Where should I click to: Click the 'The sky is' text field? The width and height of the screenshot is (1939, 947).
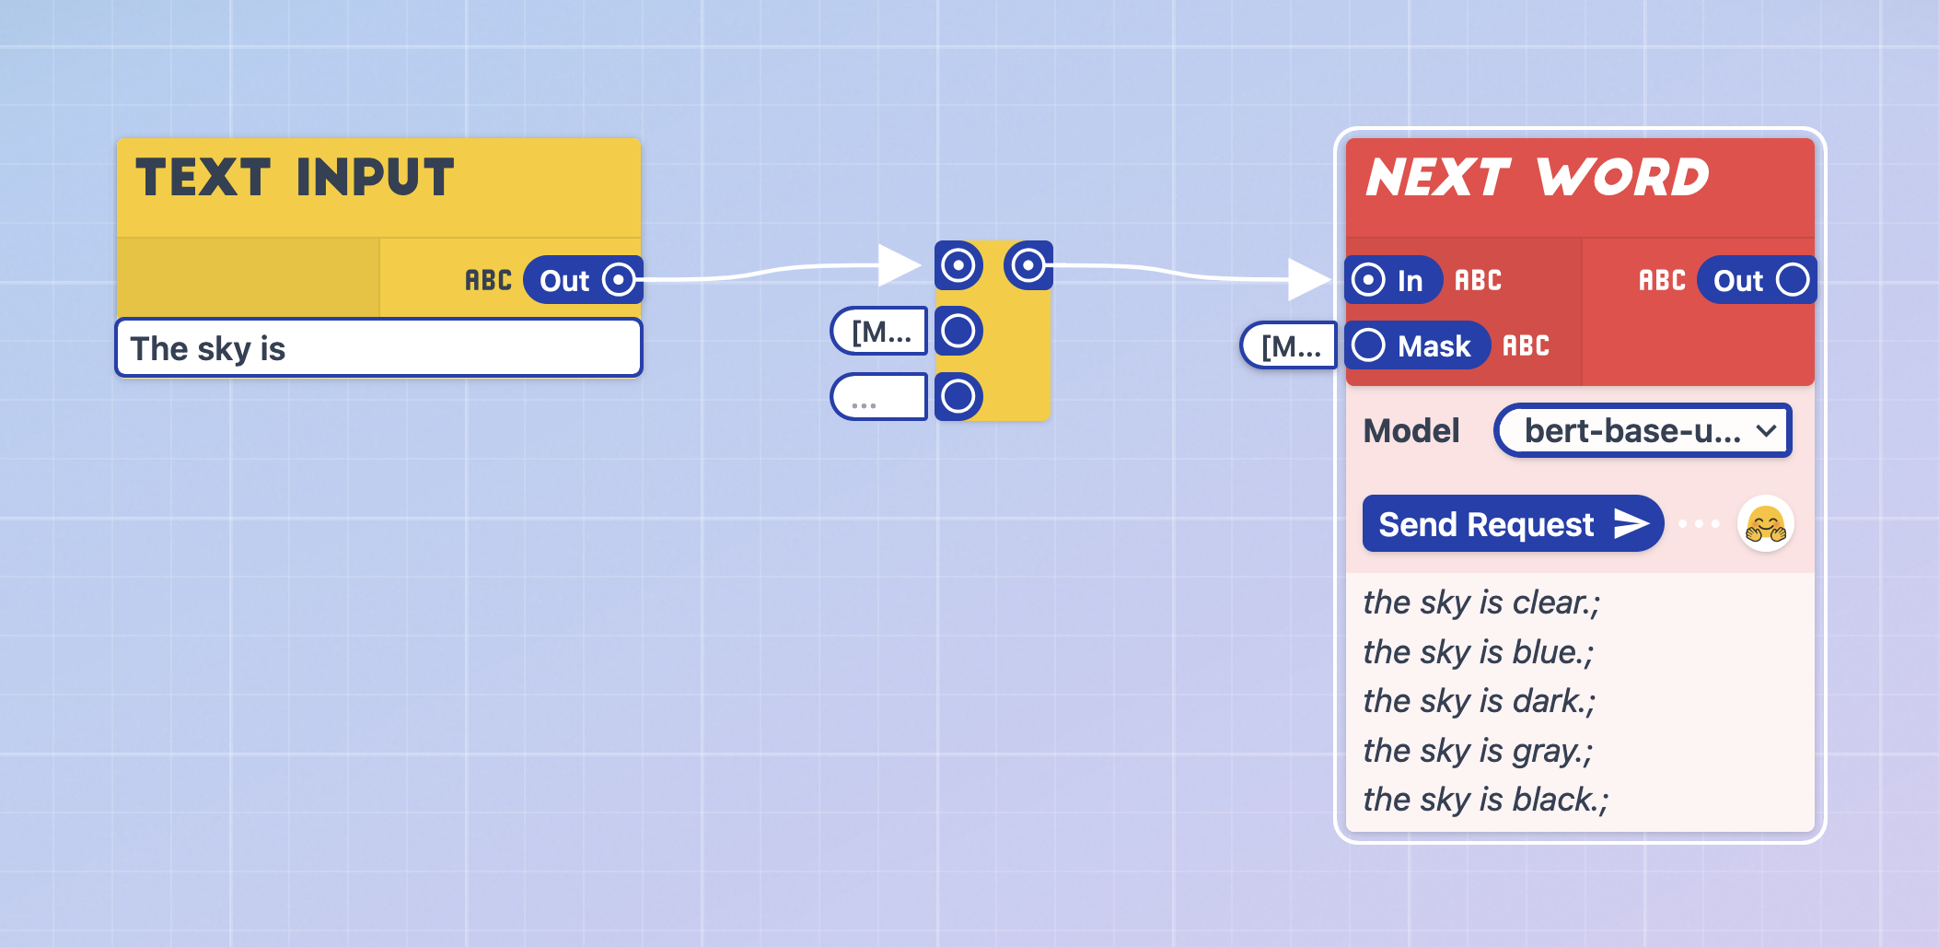tap(377, 348)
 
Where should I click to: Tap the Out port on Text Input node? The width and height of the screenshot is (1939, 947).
tap(619, 280)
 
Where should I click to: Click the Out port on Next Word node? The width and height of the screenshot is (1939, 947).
tap(1792, 280)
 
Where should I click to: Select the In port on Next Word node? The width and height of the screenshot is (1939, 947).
tap(1369, 280)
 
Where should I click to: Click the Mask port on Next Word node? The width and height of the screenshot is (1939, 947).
tap(1369, 345)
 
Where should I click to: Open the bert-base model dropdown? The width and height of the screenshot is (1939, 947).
tap(1643, 430)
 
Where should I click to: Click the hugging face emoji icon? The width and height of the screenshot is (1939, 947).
tap(1765, 524)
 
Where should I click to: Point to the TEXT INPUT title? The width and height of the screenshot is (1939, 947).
tap(295, 178)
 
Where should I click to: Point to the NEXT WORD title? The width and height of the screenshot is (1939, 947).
tap(1537, 178)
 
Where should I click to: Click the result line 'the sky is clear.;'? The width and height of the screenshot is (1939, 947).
tap(1481, 602)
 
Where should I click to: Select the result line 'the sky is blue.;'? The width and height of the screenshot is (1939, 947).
tap(1478, 652)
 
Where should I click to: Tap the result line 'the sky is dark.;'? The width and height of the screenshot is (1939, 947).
tap(1479, 701)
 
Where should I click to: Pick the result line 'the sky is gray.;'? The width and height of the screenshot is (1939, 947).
tap(1477, 751)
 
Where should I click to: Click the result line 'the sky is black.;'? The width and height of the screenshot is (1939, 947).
tap(1485, 800)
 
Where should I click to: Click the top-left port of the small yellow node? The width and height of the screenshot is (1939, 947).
tap(958, 266)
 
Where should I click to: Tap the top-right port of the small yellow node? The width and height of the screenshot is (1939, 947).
tap(1028, 266)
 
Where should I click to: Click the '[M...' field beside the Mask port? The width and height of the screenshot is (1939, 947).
tap(1289, 346)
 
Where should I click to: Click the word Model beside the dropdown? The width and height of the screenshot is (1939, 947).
tap(1411, 431)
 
